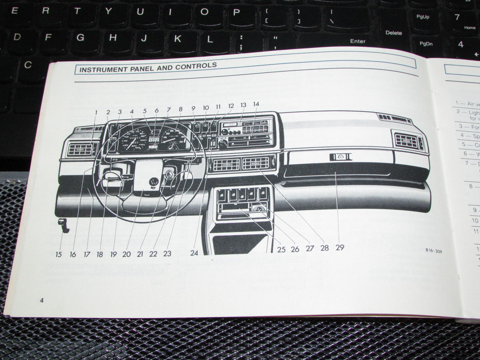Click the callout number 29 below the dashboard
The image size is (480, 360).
pyautogui.click(x=340, y=247)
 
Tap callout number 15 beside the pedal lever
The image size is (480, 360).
pyautogui.click(x=58, y=255)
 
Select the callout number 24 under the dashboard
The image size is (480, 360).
pyautogui.click(x=194, y=253)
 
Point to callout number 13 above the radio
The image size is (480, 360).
pyautogui.click(x=243, y=105)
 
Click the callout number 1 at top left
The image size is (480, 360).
pyautogui.click(x=96, y=112)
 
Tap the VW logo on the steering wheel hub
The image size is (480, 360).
pyautogui.click(x=154, y=182)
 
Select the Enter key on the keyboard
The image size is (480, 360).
pyautogui.click(x=358, y=41)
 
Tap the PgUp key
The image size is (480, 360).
pyautogui.click(x=423, y=17)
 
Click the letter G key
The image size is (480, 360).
pyautogui.click(x=80, y=37)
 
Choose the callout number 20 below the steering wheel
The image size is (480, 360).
pyautogui.click(x=126, y=254)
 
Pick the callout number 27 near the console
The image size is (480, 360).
pyautogui.click(x=309, y=248)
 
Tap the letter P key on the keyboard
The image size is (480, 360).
pyautogui.click(x=236, y=12)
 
